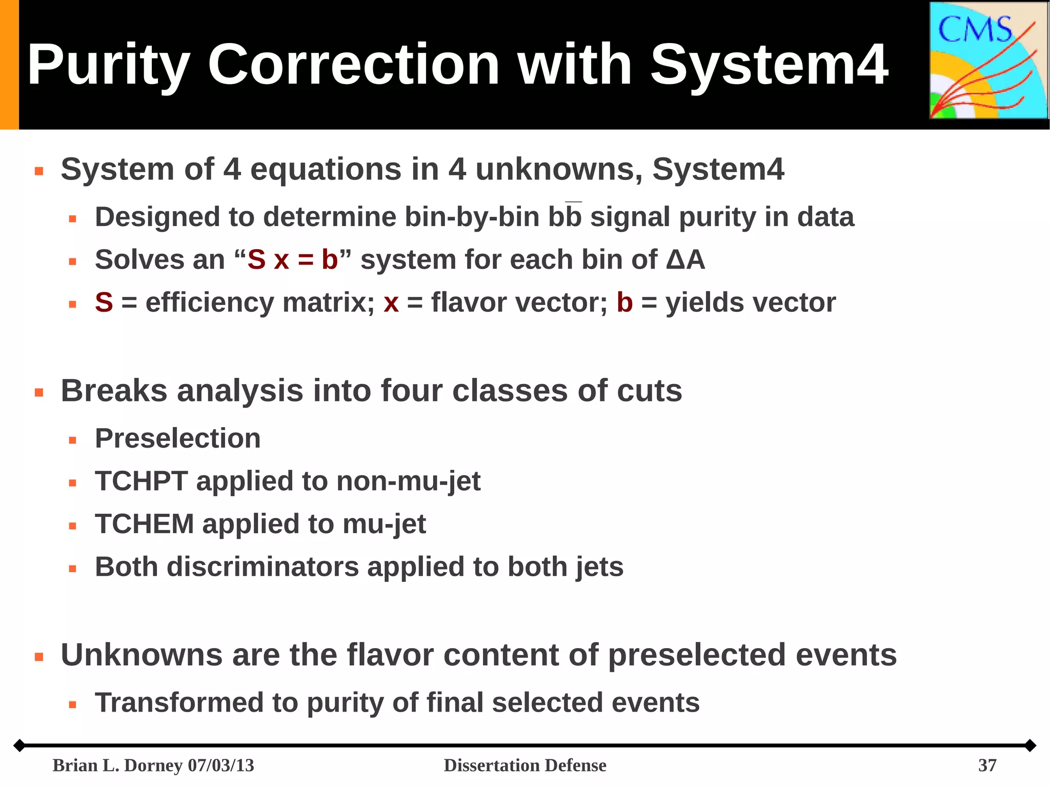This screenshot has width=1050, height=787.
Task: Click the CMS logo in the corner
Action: point(988,60)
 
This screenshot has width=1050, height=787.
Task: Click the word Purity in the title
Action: point(108,65)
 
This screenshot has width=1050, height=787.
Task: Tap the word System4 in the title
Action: point(769,65)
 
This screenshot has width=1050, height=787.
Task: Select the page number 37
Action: point(987,765)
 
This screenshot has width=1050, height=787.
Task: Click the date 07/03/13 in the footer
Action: point(221,765)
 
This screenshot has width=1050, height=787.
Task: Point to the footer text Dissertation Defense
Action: point(524,765)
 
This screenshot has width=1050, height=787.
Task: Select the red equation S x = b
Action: point(292,259)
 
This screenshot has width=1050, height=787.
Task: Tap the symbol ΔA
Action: point(685,259)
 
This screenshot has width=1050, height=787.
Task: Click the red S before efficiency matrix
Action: point(104,302)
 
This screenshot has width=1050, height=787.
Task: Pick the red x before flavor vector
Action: point(391,302)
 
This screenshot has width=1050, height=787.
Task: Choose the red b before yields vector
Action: point(624,302)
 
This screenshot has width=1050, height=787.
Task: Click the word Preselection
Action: point(177,438)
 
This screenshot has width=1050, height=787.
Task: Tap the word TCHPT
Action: point(141,481)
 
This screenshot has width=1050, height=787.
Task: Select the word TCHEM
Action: point(144,524)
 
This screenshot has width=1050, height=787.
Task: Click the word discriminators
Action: point(262,567)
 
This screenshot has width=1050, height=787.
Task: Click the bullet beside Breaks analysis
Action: point(39,393)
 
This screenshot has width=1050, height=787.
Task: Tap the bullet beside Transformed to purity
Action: point(72,704)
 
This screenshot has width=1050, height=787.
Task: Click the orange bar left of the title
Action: point(9,65)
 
